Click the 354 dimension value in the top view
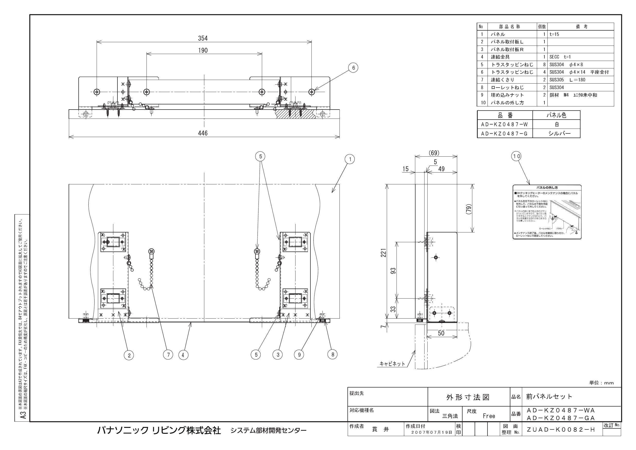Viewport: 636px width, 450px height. point(202,38)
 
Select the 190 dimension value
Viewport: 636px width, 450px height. point(202,50)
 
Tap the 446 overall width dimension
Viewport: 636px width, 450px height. point(202,133)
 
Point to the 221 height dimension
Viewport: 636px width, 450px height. point(383,253)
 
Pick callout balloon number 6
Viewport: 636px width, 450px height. point(353,68)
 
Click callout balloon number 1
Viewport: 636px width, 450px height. point(350,159)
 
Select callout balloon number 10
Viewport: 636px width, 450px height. point(516,156)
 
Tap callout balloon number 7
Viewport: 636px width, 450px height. point(168,354)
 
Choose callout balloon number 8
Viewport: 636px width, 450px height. point(333,354)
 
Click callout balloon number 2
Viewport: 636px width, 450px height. point(129,355)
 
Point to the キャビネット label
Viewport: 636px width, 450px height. point(392,364)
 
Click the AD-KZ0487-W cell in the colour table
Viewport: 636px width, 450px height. point(504,125)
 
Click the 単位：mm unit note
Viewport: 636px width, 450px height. point(601,383)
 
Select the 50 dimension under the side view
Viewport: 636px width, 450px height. point(441,333)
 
